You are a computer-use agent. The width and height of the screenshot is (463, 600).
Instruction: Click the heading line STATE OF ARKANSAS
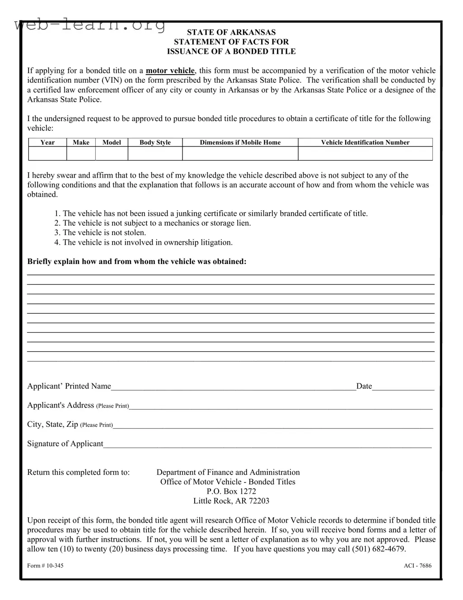pyautogui.click(x=231, y=32)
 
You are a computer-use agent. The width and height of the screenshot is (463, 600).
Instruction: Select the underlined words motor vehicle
pyautogui.click(x=170, y=71)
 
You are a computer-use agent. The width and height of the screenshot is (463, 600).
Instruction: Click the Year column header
pyautogui.click(x=47, y=142)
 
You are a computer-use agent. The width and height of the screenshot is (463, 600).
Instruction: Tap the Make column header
pyautogui.click(x=81, y=142)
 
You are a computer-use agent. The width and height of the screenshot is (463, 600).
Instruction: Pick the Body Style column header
pyautogui.click(x=155, y=142)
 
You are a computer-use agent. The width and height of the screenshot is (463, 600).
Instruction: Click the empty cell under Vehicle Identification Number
pyautogui.click(x=365, y=154)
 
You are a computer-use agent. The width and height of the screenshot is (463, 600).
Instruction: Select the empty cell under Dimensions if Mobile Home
pyautogui.click(x=240, y=154)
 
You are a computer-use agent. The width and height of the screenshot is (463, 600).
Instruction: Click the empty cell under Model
pyautogui.click(x=112, y=154)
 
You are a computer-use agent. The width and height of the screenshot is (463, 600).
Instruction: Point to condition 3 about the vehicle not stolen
pyautogui.click(x=100, y=232)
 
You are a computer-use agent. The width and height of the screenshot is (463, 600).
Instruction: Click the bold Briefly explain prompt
pyautogui.click(x=137, y=261)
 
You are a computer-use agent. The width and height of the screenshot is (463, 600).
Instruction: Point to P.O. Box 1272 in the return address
pyautogui.click(x=231, y=491)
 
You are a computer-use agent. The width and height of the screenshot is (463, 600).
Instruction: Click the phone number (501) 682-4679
pyautogui.click(x=379, y=549)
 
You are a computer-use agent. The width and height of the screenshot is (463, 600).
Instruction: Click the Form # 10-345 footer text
pyautogui.click(x=45, y=566)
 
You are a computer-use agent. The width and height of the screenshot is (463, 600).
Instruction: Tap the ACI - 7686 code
pyautogui.click(x=417, y=566)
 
